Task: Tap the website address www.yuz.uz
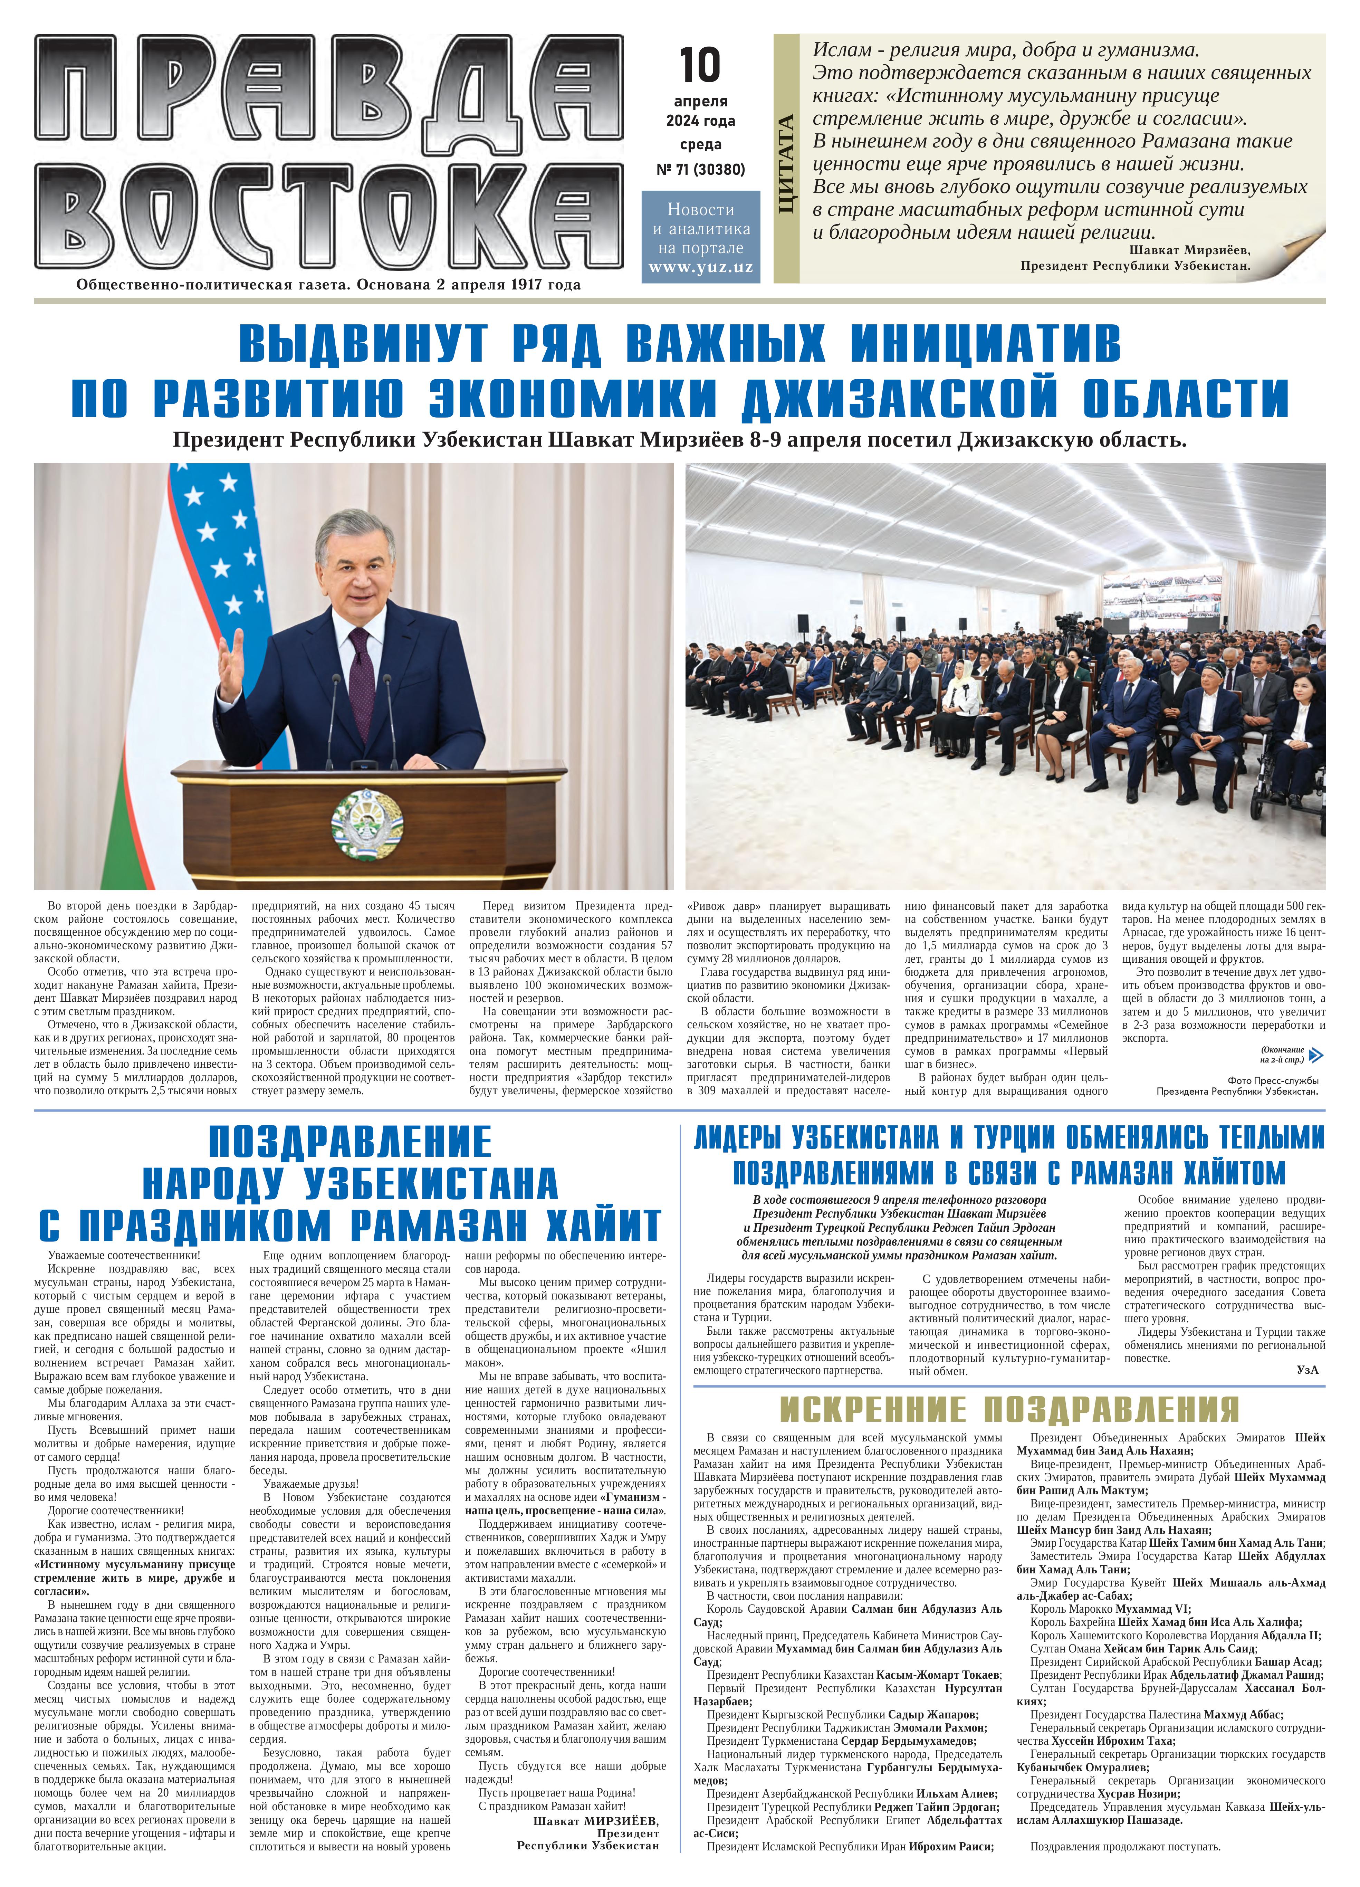pos(700,267)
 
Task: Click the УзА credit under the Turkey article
pos(1307,1370)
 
